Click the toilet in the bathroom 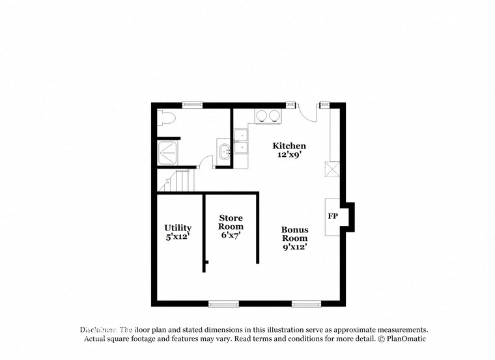[167, 118]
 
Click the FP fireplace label [332, 215]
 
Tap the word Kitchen [289, 146]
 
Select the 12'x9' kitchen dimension [289, 156]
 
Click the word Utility [178, 228]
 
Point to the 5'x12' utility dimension [178, 237]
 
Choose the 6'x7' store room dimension [231, 235]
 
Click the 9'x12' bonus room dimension [294, 247]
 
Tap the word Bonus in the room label [294, 230]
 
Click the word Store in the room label [231, 217]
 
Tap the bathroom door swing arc [206, 162]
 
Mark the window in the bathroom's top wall [191, 104]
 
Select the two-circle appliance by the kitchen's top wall [268, 116]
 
